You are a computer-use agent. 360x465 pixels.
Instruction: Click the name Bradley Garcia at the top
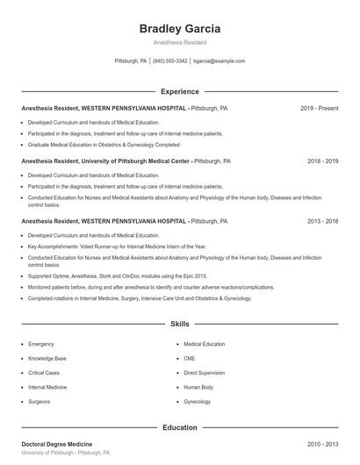coord(180,28)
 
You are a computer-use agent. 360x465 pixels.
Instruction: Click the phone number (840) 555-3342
coord(169,61)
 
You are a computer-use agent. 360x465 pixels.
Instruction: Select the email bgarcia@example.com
coord(219,61)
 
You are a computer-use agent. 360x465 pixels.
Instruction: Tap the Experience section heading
coord(180,91)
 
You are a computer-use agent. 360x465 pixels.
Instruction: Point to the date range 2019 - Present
coord(320,108)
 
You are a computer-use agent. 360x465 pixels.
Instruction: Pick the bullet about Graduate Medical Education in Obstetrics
coord(104,145)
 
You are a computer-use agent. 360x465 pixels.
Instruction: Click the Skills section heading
coord(180,324)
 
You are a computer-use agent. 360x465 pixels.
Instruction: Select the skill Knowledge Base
coord(47,359)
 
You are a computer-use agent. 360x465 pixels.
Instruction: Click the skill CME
coord(190,359)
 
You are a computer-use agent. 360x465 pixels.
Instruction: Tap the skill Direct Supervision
coord(205,373)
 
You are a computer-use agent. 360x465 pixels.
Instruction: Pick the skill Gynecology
coord(198,401)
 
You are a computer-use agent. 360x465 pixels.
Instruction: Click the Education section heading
coord(180,427)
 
